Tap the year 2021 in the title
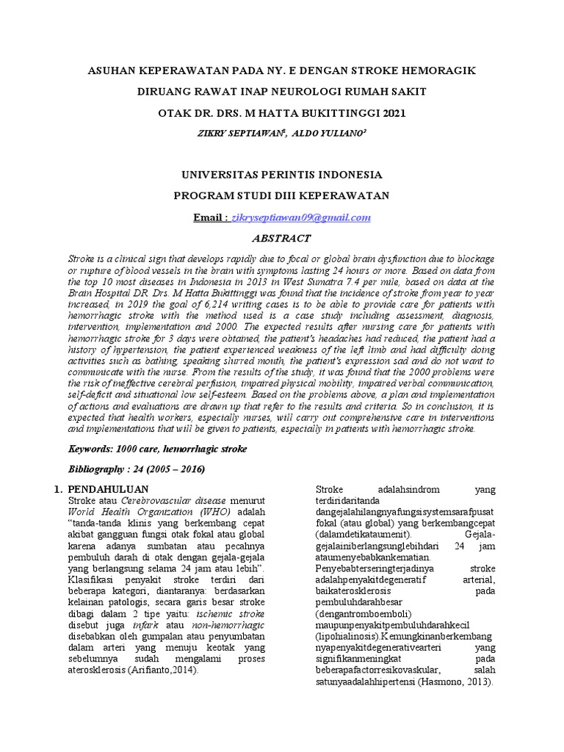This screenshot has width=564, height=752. click(x=388, y=113)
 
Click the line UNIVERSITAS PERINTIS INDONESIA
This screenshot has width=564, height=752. click(x=281, y=176)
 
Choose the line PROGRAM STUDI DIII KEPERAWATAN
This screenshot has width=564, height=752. click(x=281, y=195)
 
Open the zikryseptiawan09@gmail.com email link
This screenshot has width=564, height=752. click(x=302, y=217)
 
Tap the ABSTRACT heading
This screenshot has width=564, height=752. click(x=281, y=239)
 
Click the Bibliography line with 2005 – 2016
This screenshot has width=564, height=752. click(x=137, y=469)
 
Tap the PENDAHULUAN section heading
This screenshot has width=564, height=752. click(x=109, y=489)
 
